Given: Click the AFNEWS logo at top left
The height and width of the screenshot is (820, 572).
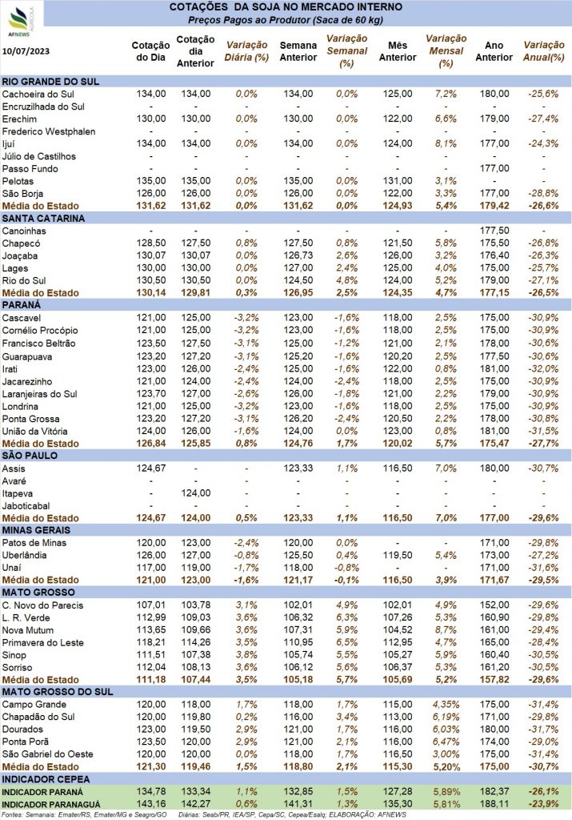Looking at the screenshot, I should coord(22,21).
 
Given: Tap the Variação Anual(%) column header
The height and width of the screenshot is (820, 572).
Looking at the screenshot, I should coord(544,51).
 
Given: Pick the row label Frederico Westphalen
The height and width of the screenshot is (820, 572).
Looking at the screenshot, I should coord(48,131).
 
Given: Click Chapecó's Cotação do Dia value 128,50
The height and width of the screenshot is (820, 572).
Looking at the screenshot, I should coord(150,243).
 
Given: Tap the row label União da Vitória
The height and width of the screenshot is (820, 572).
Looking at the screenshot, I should coord(39,430).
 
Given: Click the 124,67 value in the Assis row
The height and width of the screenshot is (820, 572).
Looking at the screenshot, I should coord(150,468).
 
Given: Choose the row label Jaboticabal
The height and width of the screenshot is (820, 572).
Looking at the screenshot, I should coord(28,504).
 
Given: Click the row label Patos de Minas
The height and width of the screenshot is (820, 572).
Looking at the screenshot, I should coord(38,542).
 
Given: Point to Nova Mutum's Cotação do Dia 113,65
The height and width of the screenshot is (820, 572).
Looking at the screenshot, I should coord(150,629).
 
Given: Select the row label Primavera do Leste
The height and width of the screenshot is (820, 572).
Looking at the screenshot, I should coord(45,642).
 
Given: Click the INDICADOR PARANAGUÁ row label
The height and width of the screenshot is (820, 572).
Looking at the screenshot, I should coord(54,803).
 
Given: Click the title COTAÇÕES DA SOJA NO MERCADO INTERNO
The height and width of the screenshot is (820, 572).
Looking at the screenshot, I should coord(286,7).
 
